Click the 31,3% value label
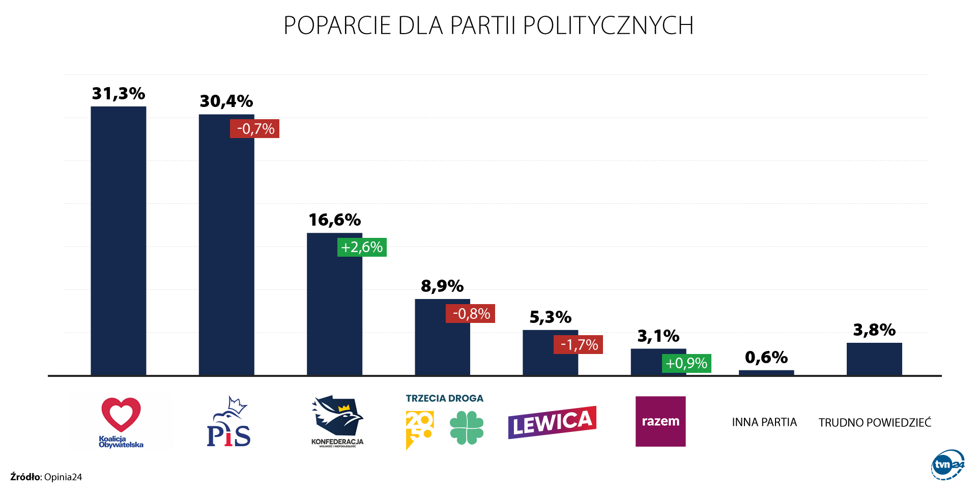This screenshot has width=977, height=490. pyautogui.click(x=119, y=94)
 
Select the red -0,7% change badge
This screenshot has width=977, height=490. pyautogui.click(x=254, y=128)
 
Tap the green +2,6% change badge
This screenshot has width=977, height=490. pyautogui.click(x=362, y=247)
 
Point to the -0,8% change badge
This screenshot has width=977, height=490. pyautogui.click(x=470, y=313)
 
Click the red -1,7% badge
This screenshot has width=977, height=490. pyautogui.click(x=578, y=345)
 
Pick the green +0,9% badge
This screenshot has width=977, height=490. pyautogui.click(x=686, y=363)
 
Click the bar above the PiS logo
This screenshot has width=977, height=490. pyautogui.click(x=226, y=244)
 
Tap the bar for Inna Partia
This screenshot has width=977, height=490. pyautogui.click(x=766, y=373)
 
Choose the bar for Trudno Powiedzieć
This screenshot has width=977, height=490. pyautogui.click(x=874, y=359)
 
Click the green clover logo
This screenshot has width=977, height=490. pyautogui.click(x=467, y=428)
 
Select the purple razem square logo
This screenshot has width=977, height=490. pyautogui.click(x=660, y=421)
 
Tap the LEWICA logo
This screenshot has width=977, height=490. pyautogui.click(x=552, y=422)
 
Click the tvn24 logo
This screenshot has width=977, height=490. pyautogui.click(x=947, y=465)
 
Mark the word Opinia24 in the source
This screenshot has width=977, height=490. pyautogui.click(x=63, y=477)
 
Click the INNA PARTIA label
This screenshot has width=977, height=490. pyautogui.click(x=764, y=422)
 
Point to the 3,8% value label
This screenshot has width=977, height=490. pyautogui.click(x=874, y=330)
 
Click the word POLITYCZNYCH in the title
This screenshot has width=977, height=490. pyautogui.click(x=608, y=25)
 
